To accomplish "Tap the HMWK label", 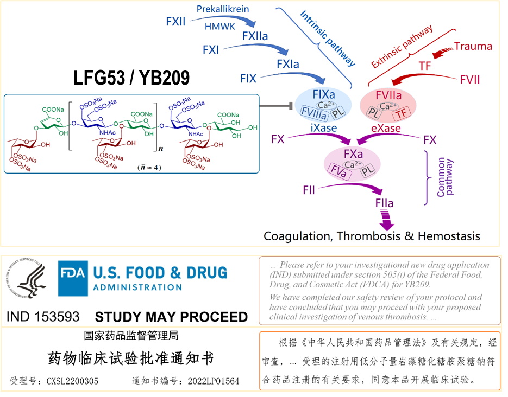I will tap(220, 26).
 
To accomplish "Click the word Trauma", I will tap(473, 46).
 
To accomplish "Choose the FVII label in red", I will tap(469, 79).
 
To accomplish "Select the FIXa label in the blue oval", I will tap(324, 94).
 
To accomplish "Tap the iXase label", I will tap(324, 128).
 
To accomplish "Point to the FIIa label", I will tap(384, 204).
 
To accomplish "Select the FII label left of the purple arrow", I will tap(309, 190).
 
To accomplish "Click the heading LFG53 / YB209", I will tap(131, 78).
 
